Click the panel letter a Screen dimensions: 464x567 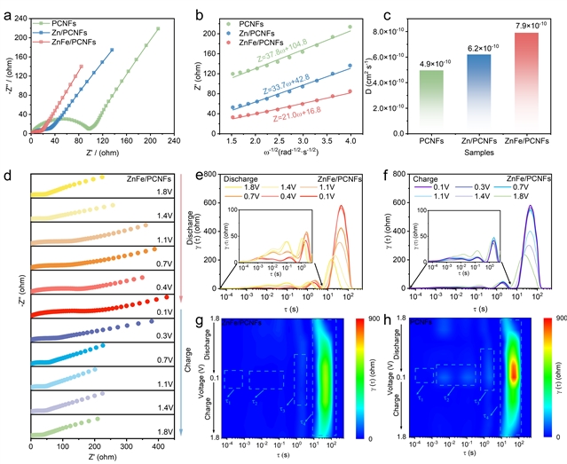[x=5, y=7]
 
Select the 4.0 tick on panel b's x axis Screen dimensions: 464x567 [x=351, y=139]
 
